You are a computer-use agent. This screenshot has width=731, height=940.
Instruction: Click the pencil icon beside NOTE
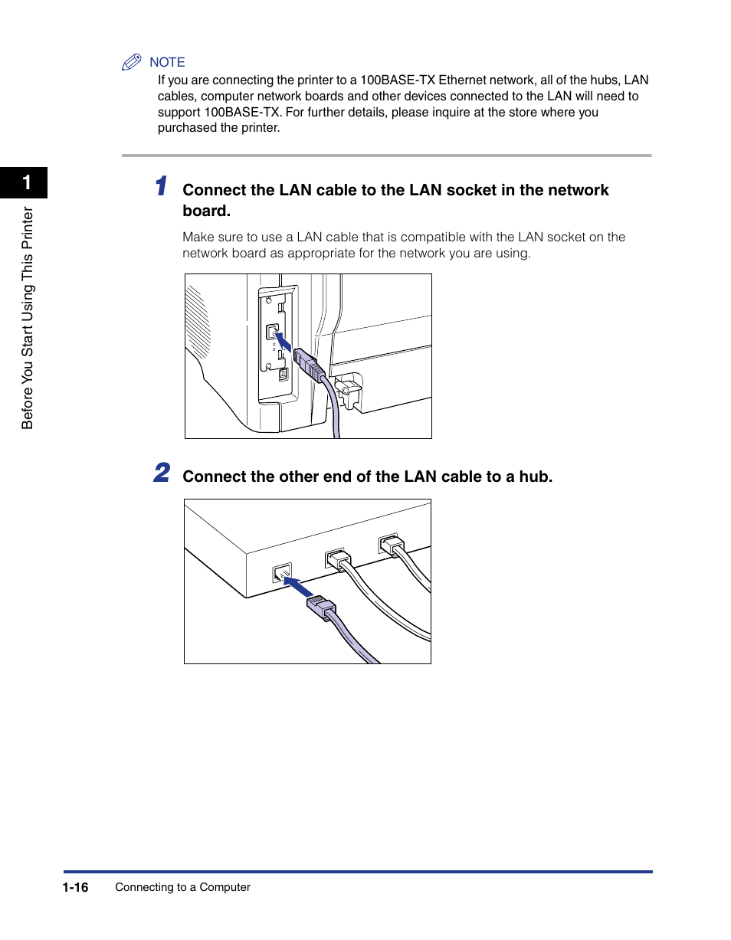132,63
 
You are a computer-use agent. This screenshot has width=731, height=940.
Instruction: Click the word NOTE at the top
167,63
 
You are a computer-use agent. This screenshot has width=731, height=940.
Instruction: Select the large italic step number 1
160,186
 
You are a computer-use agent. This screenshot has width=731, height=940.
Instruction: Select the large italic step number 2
161,473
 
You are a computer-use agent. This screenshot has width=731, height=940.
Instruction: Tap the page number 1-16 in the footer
76,887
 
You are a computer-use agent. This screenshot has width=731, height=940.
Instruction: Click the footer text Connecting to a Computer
182,887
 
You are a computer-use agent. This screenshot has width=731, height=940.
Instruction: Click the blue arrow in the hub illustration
298,588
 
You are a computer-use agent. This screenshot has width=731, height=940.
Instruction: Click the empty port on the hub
282,572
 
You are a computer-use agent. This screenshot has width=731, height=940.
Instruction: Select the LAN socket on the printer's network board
272,332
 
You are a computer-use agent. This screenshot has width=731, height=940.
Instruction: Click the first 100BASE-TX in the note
398,80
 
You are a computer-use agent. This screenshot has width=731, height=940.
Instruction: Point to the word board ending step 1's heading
206,211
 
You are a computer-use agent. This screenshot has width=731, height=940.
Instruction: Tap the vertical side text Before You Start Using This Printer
28,318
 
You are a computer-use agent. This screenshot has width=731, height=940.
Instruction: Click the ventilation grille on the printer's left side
197,322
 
